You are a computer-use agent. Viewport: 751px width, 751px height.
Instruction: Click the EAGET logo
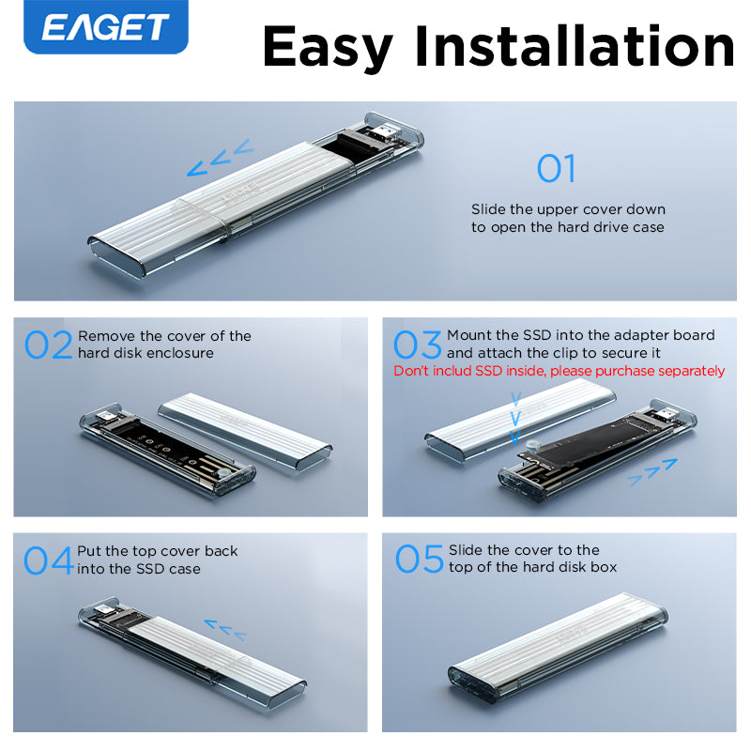point(106,26)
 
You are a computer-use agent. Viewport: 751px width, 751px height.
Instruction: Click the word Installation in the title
point(575,46)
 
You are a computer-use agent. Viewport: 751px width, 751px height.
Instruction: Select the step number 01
point(556,168)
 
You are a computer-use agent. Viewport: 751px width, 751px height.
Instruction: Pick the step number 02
point(49,345)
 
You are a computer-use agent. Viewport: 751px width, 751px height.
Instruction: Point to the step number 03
point(417,345)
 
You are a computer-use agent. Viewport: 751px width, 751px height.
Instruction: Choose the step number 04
point(48,559)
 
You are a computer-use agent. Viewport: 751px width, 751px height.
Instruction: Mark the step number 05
point(420,558)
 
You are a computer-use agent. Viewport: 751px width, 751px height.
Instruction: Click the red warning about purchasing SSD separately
point(559,371)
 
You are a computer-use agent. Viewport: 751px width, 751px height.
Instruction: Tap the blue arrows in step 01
point(221,158)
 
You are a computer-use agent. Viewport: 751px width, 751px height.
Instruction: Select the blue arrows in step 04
point(225,629)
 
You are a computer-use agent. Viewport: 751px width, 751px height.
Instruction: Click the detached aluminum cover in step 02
point(245,431)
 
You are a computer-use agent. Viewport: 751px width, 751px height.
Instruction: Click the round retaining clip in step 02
point(221,473)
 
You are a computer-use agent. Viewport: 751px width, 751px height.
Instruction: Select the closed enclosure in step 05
point(558,648)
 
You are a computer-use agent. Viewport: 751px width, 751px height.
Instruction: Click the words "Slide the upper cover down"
point(568,209)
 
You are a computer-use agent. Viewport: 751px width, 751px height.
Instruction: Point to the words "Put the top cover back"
point(157,551)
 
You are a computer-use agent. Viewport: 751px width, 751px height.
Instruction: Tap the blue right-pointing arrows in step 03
point(652,472)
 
